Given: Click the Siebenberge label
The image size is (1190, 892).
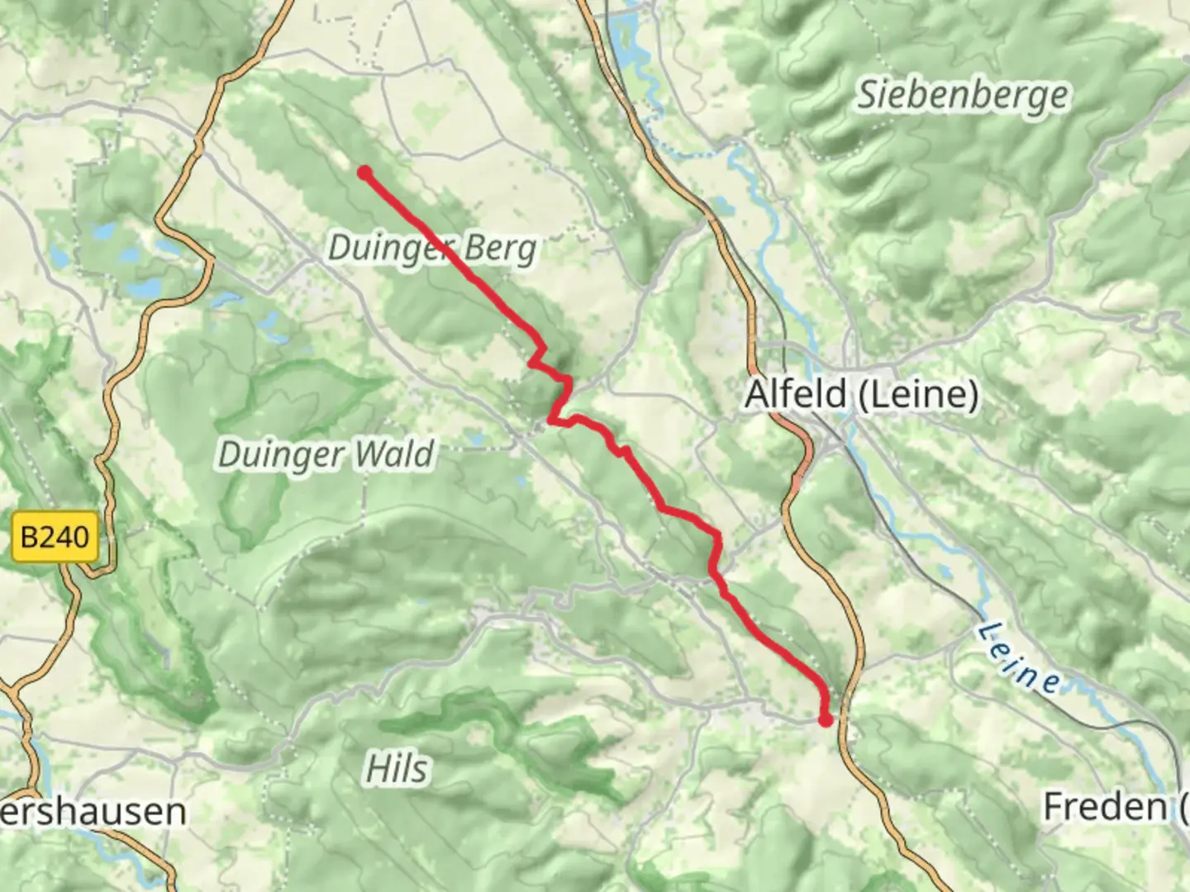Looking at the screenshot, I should tap(962, 95).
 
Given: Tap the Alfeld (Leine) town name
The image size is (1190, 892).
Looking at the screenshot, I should tap(862, 394).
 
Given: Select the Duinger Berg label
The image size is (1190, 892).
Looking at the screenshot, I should tap(432, 248).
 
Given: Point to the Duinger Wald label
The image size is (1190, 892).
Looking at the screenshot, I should tap(325, 454).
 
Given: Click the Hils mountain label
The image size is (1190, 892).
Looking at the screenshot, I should tap(397, 769).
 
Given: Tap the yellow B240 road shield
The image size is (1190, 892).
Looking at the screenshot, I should tap(55, 538).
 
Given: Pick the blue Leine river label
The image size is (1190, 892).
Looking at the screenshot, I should tap(1019, 658).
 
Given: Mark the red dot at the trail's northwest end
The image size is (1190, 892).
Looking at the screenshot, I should tap(364, 173).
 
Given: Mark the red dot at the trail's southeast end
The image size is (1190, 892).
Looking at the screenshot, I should tap(826, 721).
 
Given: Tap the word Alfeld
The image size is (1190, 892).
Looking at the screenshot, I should tap(797, 394).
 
